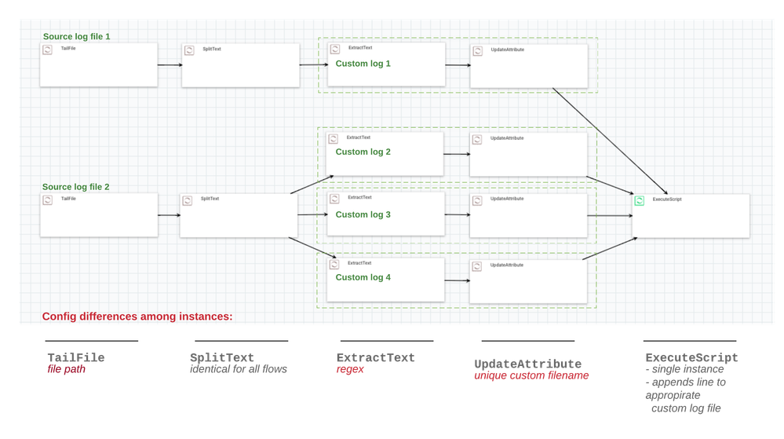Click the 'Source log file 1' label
(x=76, y=37)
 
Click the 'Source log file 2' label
(x=76, y=187)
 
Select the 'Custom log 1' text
(x=363, y=64)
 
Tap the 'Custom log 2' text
(x=363, y=152)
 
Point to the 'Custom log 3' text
(x=363, y=214)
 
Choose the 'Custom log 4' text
(x=363, y=277)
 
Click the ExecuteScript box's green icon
(x=640, y=201)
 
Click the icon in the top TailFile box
(x=47, y=50)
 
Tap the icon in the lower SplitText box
(x=188, y=200)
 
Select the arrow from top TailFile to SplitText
(x=169, y=65)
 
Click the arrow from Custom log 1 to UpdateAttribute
(x=458, y=65)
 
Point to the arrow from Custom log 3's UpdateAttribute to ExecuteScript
(x=610, y=215)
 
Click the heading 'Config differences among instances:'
(x=137, y=316)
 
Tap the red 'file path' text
(x=66, y=369)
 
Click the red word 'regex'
(x=350, y=369)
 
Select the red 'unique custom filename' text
(x=531, y=376)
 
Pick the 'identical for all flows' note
(x=239, y=369)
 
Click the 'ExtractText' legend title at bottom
(x=375, y=358)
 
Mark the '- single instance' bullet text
(x=684, y=369)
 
